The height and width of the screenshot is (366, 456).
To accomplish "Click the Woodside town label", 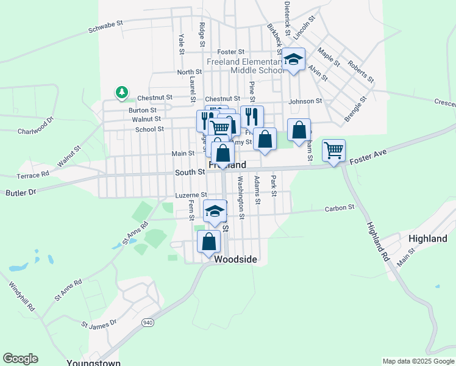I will [235, 260].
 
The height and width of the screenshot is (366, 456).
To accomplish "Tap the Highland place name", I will [427, 239].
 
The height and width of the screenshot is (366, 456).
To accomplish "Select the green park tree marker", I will [122, 93].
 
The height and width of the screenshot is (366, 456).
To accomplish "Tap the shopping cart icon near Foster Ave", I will [333, 149].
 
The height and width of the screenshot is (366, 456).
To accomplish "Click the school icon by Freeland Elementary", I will [293, 60].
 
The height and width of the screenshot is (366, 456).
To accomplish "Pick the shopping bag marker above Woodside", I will [209, 241].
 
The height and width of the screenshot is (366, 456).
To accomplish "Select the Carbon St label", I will [339, 208].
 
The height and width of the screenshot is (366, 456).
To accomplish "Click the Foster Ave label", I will [368, 160].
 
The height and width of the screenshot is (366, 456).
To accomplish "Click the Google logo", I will [20, 359].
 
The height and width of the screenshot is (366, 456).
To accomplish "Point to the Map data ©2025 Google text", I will [418, 361].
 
